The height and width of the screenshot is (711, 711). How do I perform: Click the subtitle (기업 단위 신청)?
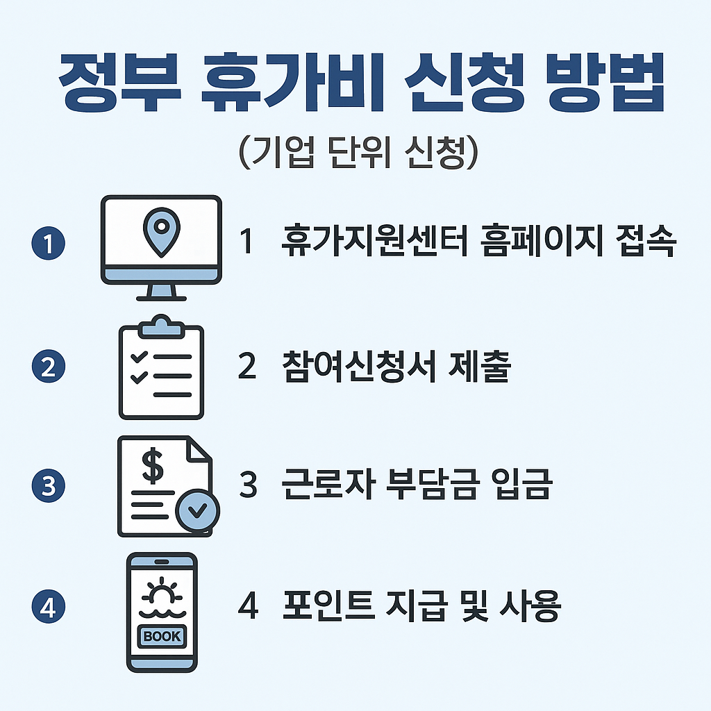click(x=355, y=154)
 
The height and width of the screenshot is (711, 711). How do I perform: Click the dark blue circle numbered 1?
click(x=49, y=244)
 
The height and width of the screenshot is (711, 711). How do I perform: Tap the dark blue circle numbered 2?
click(x=49, y=366)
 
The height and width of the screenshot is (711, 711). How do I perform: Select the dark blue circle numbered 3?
click(x=49, y=487)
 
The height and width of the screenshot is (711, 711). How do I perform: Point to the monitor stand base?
click(x=161, y=297)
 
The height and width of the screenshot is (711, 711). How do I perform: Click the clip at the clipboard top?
click(x=161, y=322)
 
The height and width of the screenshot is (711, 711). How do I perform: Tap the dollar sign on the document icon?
click(x=153, y=467)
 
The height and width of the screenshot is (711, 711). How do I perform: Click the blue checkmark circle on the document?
click(x=197, y=512)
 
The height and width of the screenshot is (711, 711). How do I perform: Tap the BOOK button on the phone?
click(x=161, y=635)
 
